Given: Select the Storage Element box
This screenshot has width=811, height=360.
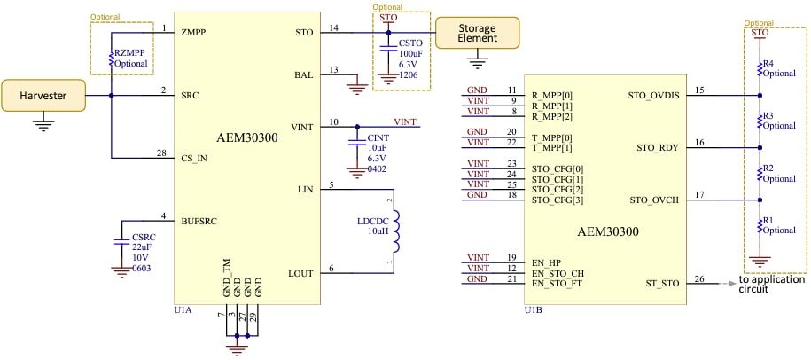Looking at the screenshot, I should (477, 33).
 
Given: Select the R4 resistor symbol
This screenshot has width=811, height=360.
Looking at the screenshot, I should (760, 69).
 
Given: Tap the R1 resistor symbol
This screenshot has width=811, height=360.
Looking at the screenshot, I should (760, 226).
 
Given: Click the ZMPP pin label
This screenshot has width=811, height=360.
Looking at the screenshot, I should (194, 33).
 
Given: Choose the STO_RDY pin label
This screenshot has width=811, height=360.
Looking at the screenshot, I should (654, 147).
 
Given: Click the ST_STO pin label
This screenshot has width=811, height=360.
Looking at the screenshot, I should (661, 284).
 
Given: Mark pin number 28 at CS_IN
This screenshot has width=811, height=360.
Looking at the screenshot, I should (162, 153).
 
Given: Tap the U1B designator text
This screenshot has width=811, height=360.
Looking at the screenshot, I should (534, 310).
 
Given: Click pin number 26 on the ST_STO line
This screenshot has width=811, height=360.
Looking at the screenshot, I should (699, 278).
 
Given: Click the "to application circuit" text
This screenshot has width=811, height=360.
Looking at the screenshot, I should (771, 284).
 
